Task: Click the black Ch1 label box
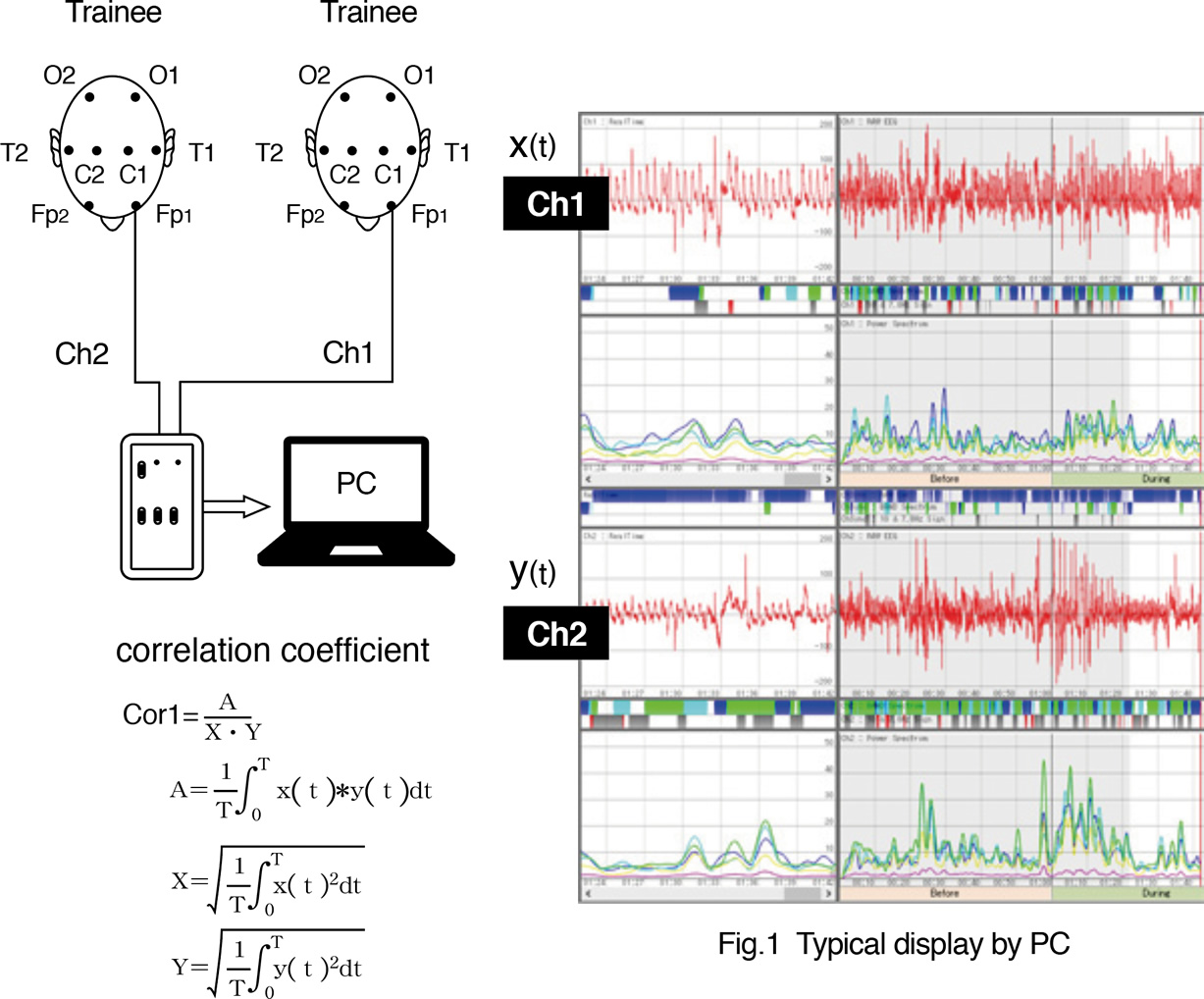(555, 203)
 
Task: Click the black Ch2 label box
(555, 633)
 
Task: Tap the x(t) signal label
(533, 145)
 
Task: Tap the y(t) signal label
(533, 572)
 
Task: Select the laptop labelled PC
(356, 501)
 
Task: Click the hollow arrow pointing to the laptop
(236, 506)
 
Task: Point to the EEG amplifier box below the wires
(161, 505)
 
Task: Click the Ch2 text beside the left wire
(81, 353)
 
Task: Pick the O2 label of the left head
(60, 76)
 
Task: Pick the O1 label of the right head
(419, 76)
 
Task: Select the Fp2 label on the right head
(305, 215)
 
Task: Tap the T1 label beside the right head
(457, 153)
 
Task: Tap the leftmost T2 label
(15, 153)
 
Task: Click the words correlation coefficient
(273, 651)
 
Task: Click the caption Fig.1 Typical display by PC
(893, 944)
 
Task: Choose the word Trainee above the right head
(369, 13)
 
